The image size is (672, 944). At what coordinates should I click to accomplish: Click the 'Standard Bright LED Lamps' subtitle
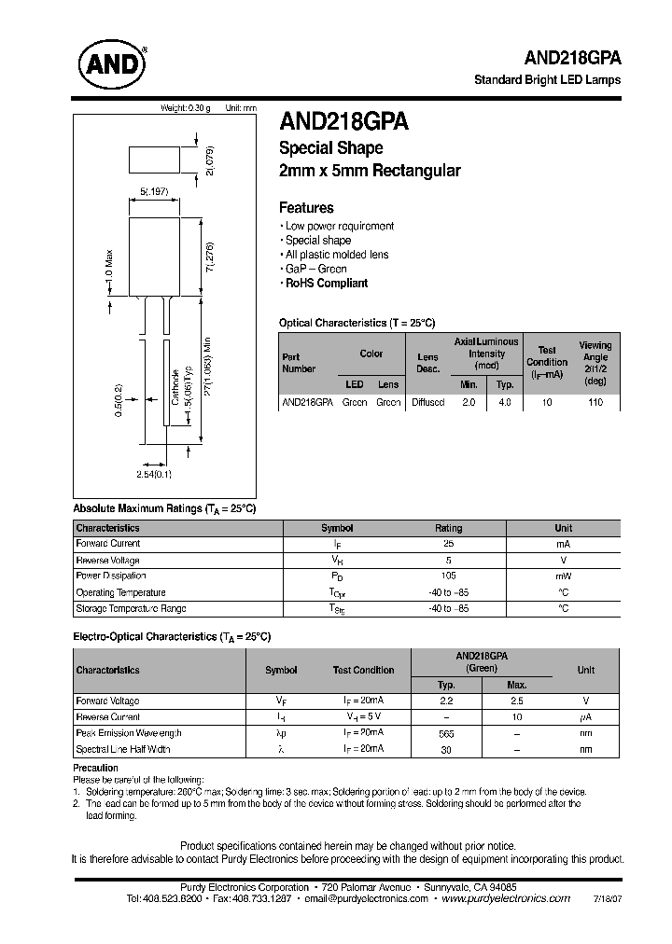tap(547, 79)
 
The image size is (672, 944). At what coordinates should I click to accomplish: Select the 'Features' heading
tap(306, 208)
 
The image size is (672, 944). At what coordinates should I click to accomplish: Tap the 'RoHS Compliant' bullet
tap(326, 283)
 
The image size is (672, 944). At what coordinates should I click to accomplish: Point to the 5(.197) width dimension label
tap(153, 191)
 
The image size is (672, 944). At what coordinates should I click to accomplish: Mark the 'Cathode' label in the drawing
tap(175, 385)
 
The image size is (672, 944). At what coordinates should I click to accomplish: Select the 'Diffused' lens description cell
tap(427, 402)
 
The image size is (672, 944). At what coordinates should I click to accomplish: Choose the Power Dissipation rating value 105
tap(448, 576)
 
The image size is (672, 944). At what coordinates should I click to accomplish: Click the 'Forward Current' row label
tap(107, 544)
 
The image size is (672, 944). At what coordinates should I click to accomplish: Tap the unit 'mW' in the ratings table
tap(563, 576)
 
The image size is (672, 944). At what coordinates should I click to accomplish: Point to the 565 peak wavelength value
tap(446, 734)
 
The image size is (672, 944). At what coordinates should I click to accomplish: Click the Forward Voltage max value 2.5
tap(517, 701)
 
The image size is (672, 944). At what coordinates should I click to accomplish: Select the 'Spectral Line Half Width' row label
tap(123, 749)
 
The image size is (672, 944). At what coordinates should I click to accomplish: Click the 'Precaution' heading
tap(96, 768)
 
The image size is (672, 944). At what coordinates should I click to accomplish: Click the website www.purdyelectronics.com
tap(505, 898)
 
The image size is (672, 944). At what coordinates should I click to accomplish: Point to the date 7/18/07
tap(606, 899)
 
